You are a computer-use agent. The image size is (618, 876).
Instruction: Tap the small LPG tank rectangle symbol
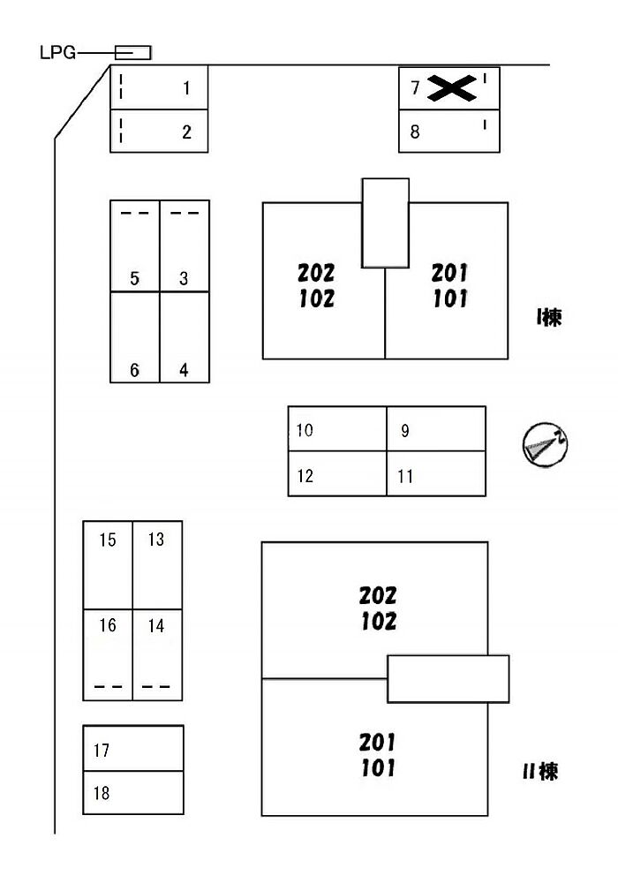click(x=133, y=53)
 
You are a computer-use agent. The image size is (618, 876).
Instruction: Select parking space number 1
click(x=159, y=87)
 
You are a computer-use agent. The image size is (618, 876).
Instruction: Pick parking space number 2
click(x=159, y=132)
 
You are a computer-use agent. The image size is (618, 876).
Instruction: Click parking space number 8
click(x=448, y=132)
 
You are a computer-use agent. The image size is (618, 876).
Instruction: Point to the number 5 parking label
click(x=134, y=279)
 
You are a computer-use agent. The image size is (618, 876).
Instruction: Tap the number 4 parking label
click(x=184, y=371)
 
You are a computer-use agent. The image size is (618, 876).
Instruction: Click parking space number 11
click(x=436, y=475)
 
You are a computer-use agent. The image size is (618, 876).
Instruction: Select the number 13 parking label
click(x=156, y=539)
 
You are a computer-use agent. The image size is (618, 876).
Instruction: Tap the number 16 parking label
click(x=108, y=625)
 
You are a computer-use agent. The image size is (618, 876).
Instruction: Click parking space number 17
click(x=133, y=749)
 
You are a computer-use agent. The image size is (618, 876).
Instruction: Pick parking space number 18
click(x=133, y=792)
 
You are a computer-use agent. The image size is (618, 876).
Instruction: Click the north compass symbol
click(x=545, y=445)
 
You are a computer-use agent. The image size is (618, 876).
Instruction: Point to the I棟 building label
click(x=549, y=318)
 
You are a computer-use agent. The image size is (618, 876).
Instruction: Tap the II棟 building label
click(x=539, y=772)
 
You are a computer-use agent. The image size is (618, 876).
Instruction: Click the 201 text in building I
click(x=449, y=272)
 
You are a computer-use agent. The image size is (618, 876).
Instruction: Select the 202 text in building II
click(x=378, y=595)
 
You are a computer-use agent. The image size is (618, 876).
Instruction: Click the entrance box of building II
click(x=448, y=678)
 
